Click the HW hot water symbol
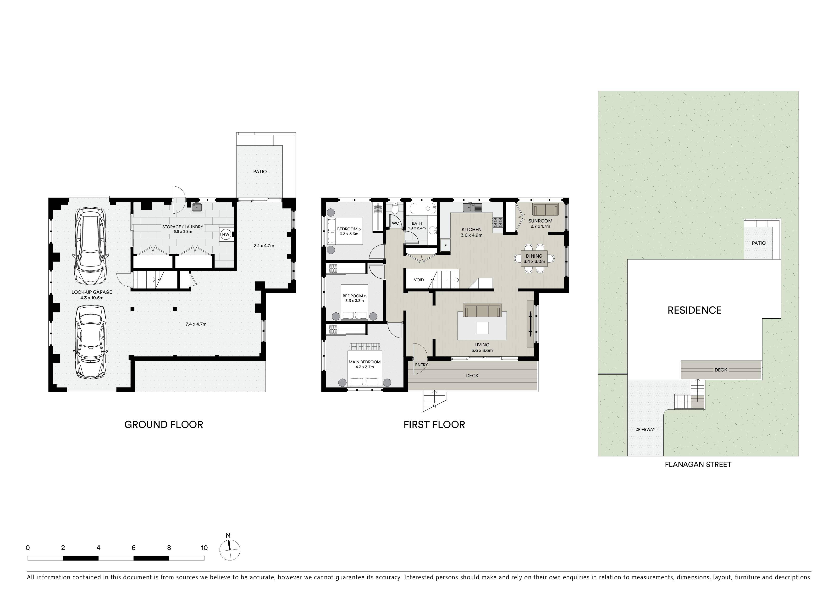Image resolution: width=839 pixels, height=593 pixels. coord(226,235)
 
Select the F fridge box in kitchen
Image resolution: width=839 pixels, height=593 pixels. coord(445,245)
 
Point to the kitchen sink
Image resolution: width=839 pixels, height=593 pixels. coord(473,208)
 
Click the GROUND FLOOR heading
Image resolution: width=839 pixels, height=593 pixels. coord(164,425)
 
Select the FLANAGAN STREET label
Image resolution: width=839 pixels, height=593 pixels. coord(698,464)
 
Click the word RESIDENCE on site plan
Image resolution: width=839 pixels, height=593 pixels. coord(694,310)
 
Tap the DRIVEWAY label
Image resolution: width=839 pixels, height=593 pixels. coord(645,429)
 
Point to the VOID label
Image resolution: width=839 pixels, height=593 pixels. coord(419,280)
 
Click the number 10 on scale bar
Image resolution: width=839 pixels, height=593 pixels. coord(204,548)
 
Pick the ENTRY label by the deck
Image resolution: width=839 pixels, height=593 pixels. coord(421,365)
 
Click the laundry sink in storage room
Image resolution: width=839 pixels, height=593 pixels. coord(197,207)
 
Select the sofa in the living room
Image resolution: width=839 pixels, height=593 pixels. coord(482,310)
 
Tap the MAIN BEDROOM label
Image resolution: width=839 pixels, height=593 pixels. coord(365,362)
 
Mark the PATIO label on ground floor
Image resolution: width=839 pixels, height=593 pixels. coord(260,171)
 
